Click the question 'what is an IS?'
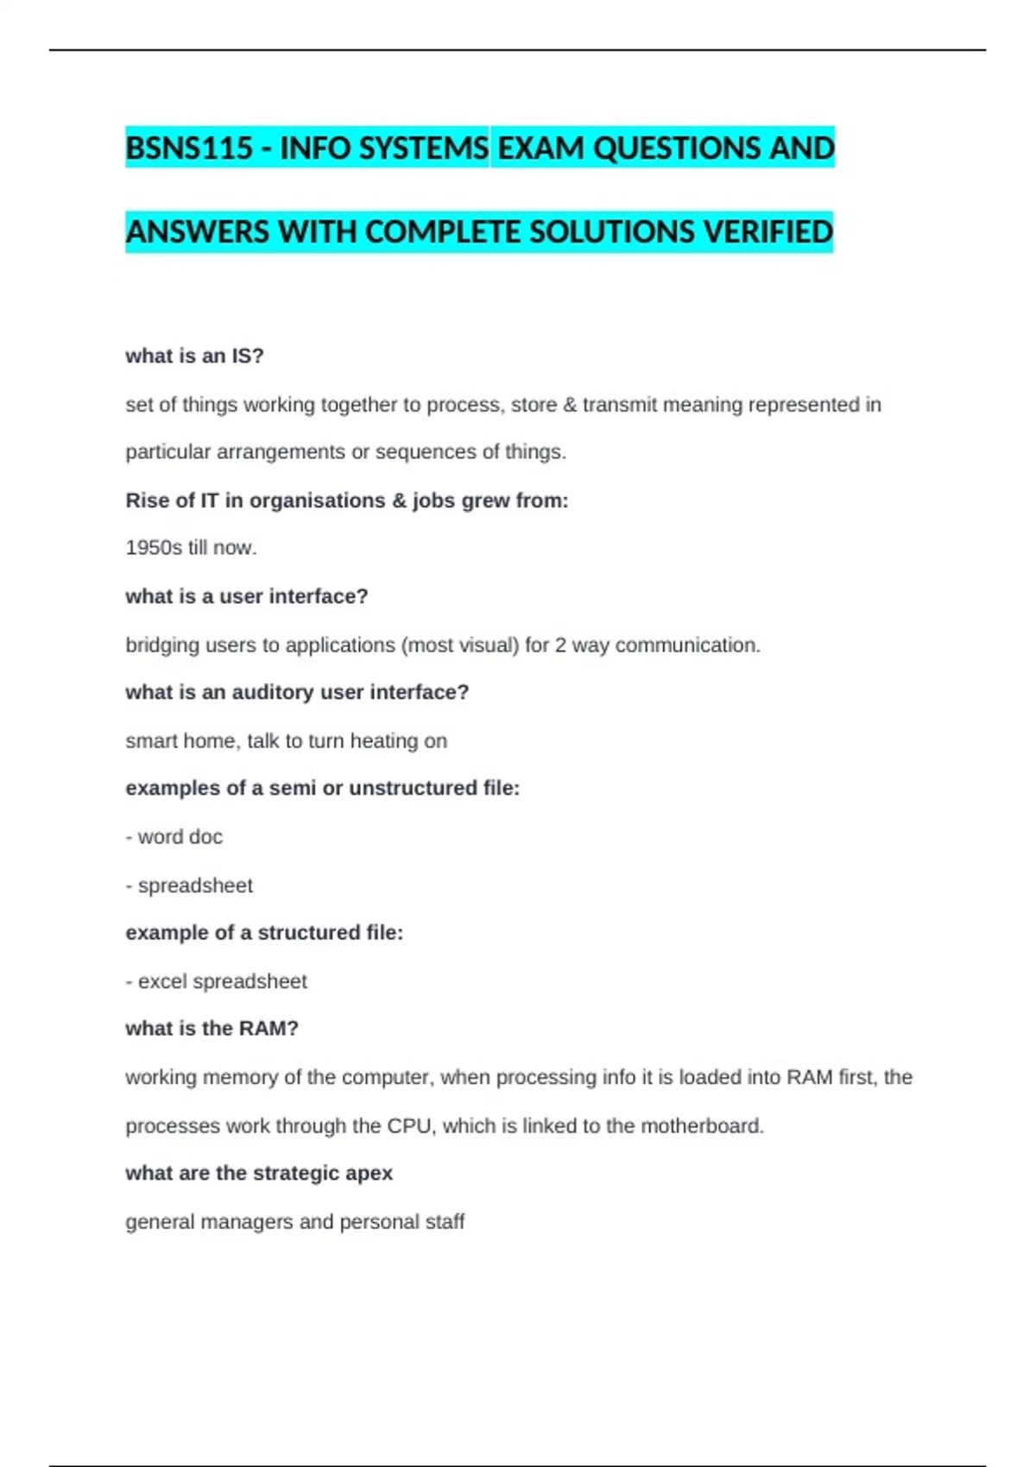(x=194, y=356)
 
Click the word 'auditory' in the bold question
(x=272, y=692)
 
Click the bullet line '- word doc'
(x=174, y=837)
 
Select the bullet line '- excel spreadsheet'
(x=216, y=981)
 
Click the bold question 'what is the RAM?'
(x=212, y=1029)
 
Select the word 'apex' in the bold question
(x=369, y=1173)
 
